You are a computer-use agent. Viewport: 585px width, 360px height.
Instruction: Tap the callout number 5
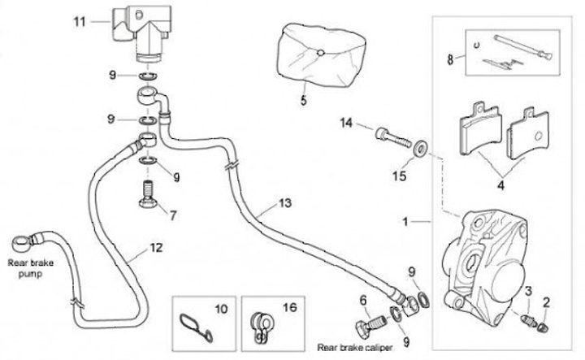[303, 102]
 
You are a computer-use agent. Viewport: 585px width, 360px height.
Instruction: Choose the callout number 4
[501, 185]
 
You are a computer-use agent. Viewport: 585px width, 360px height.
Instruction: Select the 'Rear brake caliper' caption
[349, 347]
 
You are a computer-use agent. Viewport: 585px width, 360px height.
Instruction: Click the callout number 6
[363, 300]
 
